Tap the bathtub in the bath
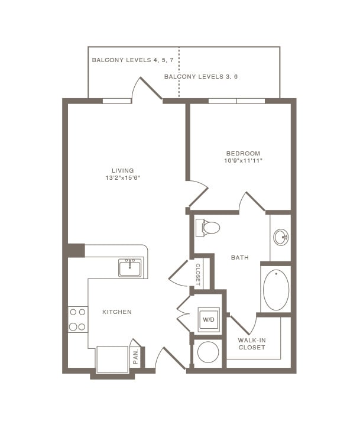(x=275, y=290)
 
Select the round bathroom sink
(x=281, y=238)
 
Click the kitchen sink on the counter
(x=129, y=268)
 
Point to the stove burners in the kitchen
(x=77, y=319)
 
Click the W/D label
(x=209, y=320)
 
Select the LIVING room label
(x=123, y=171)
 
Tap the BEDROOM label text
(x=242, y=154)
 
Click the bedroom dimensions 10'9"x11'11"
(x=242, y=161)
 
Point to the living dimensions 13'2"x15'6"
(x=123, y=178)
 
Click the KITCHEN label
(x=117, y=312)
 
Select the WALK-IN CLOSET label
(x=251, y=344)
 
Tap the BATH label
(x=239, y=258)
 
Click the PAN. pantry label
(x=135, y=356)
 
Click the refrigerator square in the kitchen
(x=112, y=359)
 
